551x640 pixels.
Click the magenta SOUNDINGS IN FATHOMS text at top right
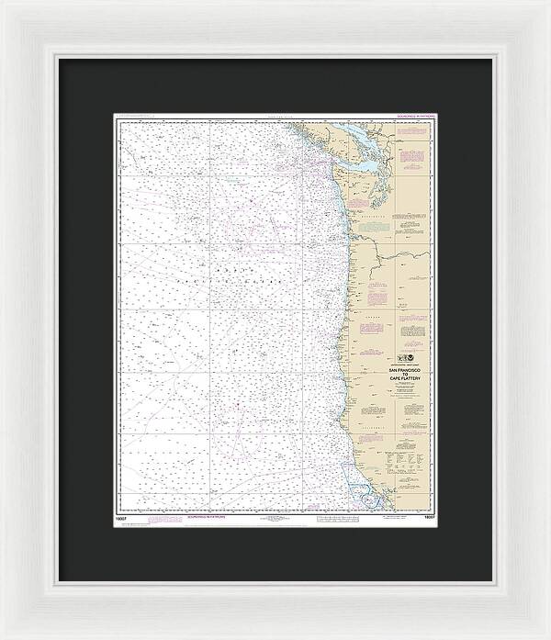(411, 118)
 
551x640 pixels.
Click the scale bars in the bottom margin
(331, 520)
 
